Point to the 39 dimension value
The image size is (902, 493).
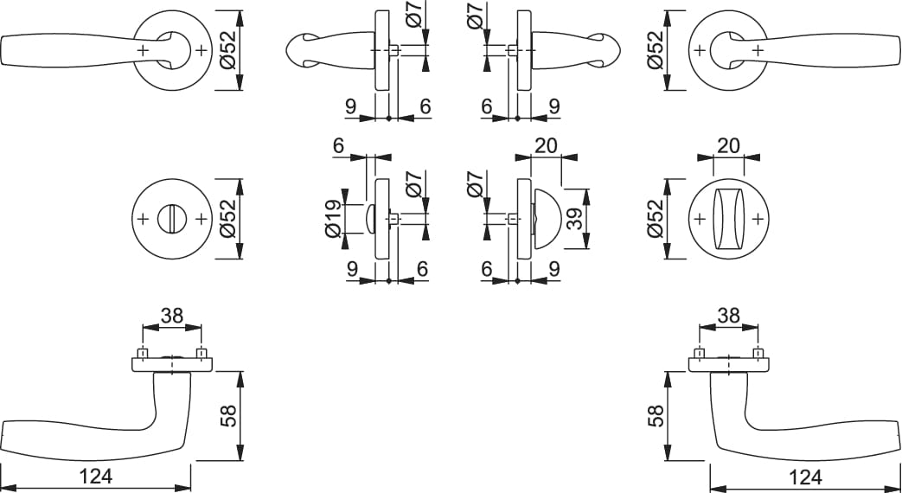[x=575, y=219]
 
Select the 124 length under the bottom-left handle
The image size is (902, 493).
[x=96, y=477]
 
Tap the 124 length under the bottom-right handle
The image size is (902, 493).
[x=805, y=477]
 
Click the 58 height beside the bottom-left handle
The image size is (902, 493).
[x=228, y=415]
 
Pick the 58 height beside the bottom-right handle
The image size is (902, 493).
[x=656, y=415]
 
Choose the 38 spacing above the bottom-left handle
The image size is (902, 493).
[x=171, y=315]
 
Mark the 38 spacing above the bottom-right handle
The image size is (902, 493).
[x=728, y=315]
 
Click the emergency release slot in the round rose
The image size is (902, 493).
[x=173, y=219]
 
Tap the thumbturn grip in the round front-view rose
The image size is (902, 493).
[x=728, y=219]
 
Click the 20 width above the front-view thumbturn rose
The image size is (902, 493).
[x=728, y=145]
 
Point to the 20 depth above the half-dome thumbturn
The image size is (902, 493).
[x=546, y=145]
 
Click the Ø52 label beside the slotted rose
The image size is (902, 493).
[x=228, y=219]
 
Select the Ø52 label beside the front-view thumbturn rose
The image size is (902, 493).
[x=656, y=219]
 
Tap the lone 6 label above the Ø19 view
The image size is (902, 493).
[x=337, y=145]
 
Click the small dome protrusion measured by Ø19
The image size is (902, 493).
[x=370, y=219]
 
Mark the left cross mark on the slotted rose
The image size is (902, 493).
[x=144, y=219]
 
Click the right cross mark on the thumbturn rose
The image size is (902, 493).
[x=758, y=219]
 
